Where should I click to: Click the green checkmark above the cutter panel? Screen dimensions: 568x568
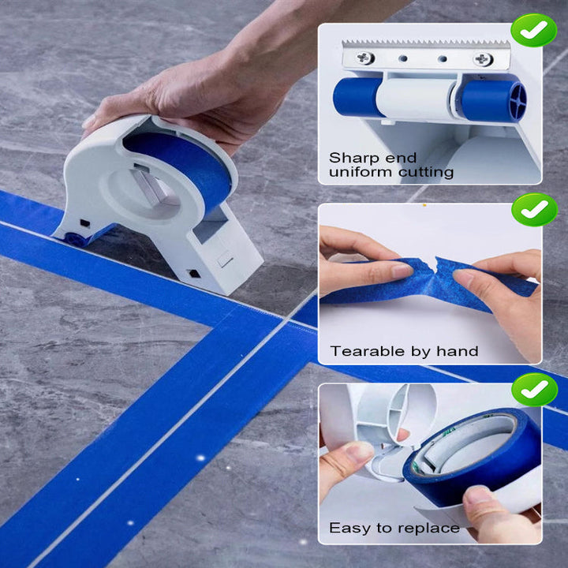533,30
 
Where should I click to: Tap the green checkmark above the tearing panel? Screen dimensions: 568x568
534,210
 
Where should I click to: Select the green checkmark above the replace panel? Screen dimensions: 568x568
534,390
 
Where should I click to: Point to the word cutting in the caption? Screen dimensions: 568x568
426,173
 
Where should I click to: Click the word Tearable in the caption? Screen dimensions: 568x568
368,351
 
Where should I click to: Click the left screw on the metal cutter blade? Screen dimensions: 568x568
365,58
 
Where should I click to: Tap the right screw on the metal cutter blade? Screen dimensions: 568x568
484,59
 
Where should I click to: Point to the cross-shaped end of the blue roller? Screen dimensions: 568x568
517,101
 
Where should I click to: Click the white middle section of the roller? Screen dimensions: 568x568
416,98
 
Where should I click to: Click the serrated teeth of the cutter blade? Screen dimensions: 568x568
426,44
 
